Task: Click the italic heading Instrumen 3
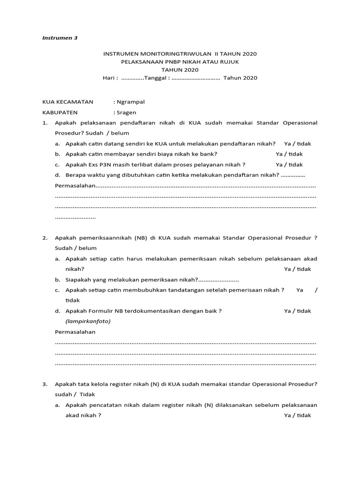tap(60, 38)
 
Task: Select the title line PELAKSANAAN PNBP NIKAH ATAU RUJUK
tap(180, 62)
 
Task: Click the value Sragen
tap(126, 112)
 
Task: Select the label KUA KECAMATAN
tap(68, 102)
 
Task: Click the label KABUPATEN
tap(60, 112)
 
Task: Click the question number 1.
tap(45, 123)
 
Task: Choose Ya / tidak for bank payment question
tap(289, 154)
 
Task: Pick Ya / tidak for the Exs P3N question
tap(289, 165)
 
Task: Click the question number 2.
tap(45, 238)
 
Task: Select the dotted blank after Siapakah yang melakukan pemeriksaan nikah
tap(218, 280)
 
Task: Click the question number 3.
tap(45, 384)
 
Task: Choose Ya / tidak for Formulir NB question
tap(298, 311)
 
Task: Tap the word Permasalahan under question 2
tap(75, 332)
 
